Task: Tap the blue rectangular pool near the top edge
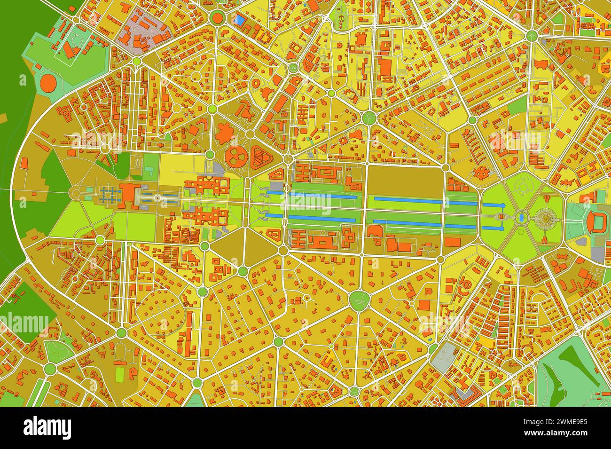(x=239, y=20)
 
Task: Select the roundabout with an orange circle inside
(x=217, y=18)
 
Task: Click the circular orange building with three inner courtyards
(x=236, y=158)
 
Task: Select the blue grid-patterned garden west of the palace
(x=109, y=194)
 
